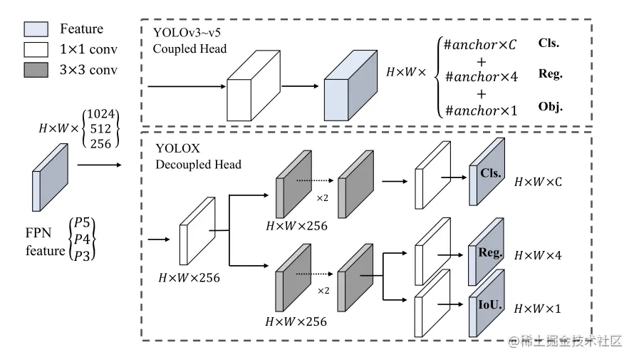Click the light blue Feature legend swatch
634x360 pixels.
[x=36, y=29]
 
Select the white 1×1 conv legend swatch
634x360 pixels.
[x=36, y=49]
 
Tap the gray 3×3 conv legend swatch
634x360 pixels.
[x=36, y=70]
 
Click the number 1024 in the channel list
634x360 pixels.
[x=100, y=113]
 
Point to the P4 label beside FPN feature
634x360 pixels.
[x=82, y=239]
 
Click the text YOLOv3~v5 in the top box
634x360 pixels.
[x=187, y=32]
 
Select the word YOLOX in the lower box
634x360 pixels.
[x=178, y=148]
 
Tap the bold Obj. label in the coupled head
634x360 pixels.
[x=551, y=107]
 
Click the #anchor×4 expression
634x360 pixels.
[x=481, y=77]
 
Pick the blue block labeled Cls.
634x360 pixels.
[x=487, y=172]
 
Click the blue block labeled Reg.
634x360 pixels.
[x=486, y=252]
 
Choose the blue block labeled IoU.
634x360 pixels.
[x=487, y=304]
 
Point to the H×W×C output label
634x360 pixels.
[x=538, y=182]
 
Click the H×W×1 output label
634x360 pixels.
[x=538, y=309]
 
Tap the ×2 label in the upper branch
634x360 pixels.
[x=322, y=198]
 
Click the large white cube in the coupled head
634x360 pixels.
[x=254, y=86]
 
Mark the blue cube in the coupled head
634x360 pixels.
[x=350, y=86]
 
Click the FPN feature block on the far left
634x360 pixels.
[x=50, y=178]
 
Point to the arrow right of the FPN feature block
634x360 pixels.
[x=100, y=165]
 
